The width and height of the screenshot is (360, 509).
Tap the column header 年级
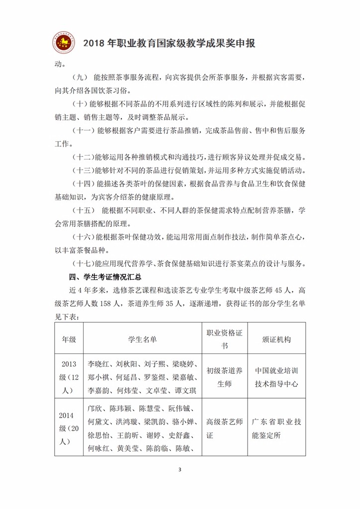[x=69, y=339]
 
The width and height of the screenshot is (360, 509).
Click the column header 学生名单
[x=142, y=339]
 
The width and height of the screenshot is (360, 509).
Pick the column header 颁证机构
[x=276, y=339]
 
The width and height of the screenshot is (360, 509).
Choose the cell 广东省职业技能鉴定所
[x=276, y=428]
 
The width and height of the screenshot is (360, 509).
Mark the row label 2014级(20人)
[x=69, y=428]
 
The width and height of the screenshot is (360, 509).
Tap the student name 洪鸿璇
[x=128, y=423]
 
